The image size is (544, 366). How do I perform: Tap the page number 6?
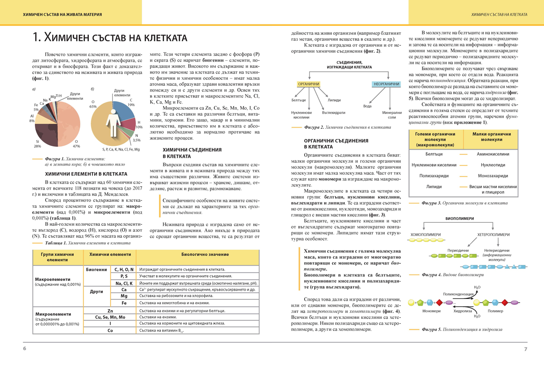(25, 349)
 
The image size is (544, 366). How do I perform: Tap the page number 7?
(525, 349)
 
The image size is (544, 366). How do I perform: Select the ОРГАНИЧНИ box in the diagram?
(309, 84)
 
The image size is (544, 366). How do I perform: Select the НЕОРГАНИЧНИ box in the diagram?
(386, 84)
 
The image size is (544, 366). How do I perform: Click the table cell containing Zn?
(110, 310)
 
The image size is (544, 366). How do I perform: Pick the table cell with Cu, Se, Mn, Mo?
(110, 317)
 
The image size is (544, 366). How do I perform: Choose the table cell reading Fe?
(123, 303)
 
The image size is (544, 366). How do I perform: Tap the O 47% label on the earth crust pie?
(77, 144)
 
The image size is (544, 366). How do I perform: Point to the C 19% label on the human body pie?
(131, 102)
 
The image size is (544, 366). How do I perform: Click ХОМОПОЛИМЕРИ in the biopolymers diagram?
(425, 234)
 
